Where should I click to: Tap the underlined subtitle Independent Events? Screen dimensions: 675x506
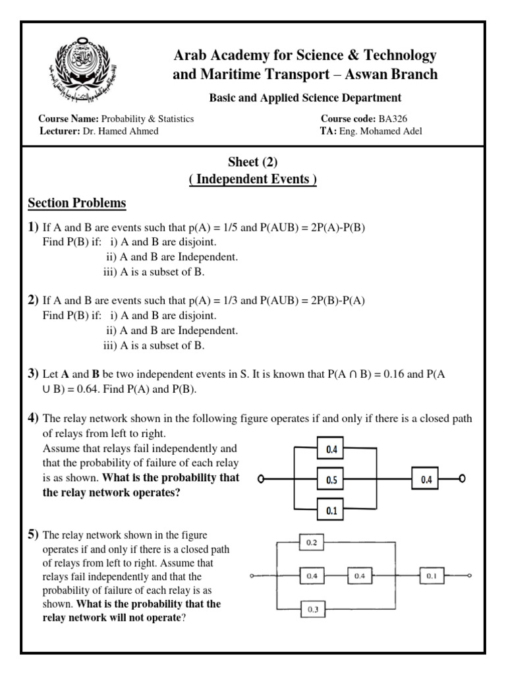pos(253,180)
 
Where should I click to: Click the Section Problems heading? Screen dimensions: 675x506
pos(77,203)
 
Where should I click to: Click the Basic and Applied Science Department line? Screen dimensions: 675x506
pos(305,98)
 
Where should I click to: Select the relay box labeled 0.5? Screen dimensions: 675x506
pos(332,480)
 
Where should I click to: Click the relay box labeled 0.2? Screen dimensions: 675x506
pos(312,543)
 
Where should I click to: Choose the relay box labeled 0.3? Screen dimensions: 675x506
pos(312,610)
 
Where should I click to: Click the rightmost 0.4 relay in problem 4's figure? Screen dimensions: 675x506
pos(427,480)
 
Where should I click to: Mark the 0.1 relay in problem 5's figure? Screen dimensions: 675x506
pos(431,576)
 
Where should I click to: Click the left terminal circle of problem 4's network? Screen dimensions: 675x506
pos(262,480)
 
